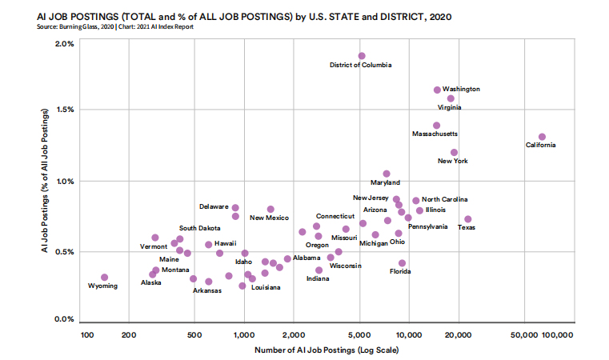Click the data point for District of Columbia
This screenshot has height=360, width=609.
pyautogui.click(x=362, y=56)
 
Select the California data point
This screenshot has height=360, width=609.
pyautogui.click(x=542, y=137)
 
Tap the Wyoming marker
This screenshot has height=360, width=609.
pyautogui.click(x=104, y=278)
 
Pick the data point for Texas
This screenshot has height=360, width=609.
pyautogui.click(x=467, y=219)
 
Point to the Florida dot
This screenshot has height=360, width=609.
pyautogui.click(x=402, y=263)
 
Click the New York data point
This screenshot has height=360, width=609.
pyautogui.click(x=454, y=152)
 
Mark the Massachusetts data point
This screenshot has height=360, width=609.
pyautogui.click(x=436, y=126)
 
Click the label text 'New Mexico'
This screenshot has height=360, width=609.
pyautogui.click(x=269, y=218)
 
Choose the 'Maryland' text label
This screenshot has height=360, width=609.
pyautogui.click(x=385, y=183)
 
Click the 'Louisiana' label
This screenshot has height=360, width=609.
pyautogui.click(x=266, y=287)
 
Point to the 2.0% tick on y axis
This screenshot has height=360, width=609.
pyautogui.click(x=64, y=43)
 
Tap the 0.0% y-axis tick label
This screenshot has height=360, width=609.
pyautogui.click(x=64, y=319)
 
